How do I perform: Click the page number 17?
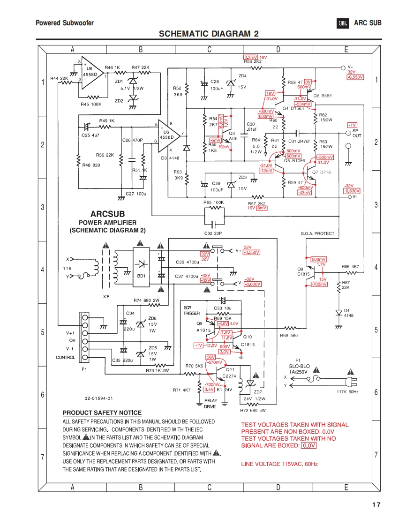point(376,504)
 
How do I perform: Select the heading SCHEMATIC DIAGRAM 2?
point(209,34)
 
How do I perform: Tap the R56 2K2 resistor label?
point(252,61)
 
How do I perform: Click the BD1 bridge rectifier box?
point(141,276)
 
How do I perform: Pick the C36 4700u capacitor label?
point(187,262)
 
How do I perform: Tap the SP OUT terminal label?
point(357,133)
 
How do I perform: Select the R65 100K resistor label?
point(214,202)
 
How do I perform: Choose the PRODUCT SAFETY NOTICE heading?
point(102,413)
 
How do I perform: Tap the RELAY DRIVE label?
point(211,404)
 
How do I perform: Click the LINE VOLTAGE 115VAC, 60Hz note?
point(279,464)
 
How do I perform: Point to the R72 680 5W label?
point(253,410)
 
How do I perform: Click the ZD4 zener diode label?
point(242,75)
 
